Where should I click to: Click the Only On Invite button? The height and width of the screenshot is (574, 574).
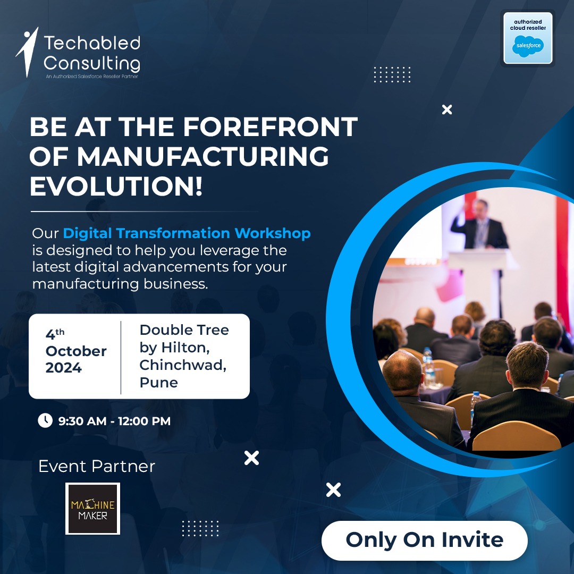[x=424, y=540]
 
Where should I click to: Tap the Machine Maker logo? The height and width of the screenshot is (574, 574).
[x=92, y=509]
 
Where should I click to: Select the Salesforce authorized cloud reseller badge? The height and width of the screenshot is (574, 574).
[x=528, y=38]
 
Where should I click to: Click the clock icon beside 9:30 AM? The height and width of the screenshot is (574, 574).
[x=45, y=420]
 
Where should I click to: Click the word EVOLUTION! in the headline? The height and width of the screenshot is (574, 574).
[x=116, y=187]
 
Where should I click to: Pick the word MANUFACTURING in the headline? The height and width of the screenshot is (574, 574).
[x=202, y=157]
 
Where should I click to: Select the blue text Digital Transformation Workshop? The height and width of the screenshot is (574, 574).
[x=187, y=233]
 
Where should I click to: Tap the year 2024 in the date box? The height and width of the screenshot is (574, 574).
[x=63, y=368]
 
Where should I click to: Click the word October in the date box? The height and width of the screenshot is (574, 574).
[x=76, y=351]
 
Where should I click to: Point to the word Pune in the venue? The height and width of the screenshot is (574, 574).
[x=158, y=382]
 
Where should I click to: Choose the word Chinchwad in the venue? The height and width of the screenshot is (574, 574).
[x=183, y=365]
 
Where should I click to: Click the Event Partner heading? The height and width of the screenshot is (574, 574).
[x=97, y=466]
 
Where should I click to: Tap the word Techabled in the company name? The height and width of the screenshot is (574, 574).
[x=92, y=43]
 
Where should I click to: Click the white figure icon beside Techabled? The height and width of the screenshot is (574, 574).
[x=27, y=52]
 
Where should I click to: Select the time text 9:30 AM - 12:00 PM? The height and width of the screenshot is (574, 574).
[x=114, y=421]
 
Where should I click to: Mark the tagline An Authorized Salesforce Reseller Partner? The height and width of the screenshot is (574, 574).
[x=91, y=77]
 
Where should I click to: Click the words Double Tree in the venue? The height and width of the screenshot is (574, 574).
[x=184, y=330]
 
